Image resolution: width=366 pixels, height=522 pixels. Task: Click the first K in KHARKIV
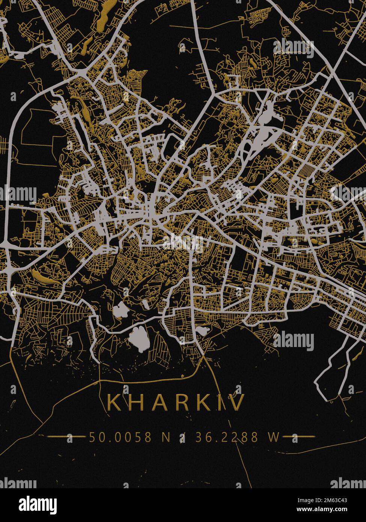coord(113,402)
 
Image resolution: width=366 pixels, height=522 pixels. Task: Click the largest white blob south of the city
coord(139,338)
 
